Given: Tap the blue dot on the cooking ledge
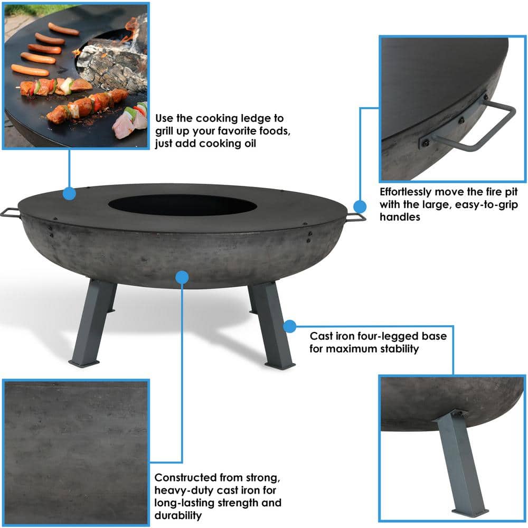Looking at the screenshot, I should pos(69,193).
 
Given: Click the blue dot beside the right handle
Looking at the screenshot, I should pos(360,206).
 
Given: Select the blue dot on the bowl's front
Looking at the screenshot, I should pos(182,277).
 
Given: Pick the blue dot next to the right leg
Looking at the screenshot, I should pos(289,326).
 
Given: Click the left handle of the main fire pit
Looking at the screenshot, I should pos(10,213).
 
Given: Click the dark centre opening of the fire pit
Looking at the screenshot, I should pos(182,205).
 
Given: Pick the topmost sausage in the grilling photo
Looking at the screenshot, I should pos(63,29).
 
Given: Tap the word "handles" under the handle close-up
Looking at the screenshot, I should pos(400,217).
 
